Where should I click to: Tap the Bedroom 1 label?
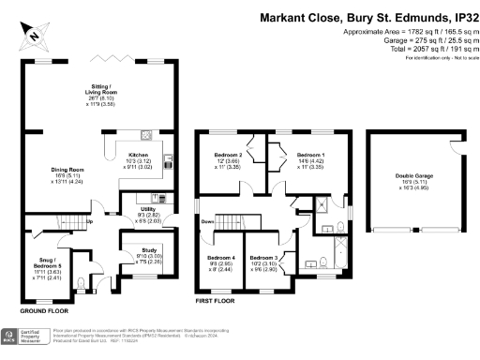(310, 154)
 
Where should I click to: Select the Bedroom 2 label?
(228, 154)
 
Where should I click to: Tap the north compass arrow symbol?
(34, 37)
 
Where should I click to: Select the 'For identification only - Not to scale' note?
(436, 57)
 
